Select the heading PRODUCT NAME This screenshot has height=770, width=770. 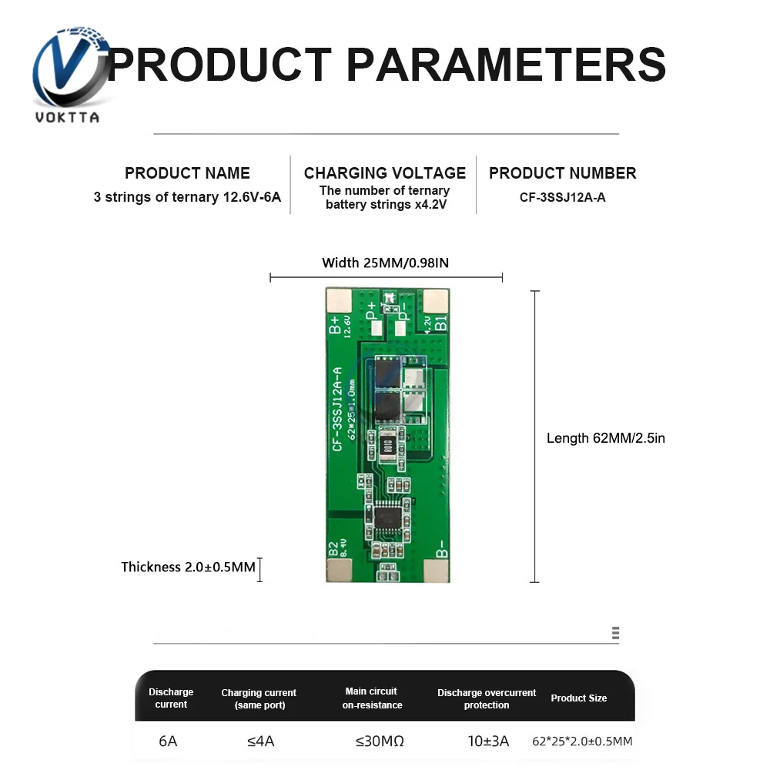pyautogui.click(x=187, y=173)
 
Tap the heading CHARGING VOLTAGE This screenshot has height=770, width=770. pyautogui.click(x=385, y=173)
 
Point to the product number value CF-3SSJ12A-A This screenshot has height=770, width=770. pyautogui.click(x=562, y=197)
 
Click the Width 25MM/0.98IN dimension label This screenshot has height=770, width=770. pyautogui.click(x=385, y=263)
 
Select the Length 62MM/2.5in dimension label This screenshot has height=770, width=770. pyautogui.click(x=605, y=438)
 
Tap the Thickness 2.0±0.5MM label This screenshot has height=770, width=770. pyautogui.click(x=188, y=567)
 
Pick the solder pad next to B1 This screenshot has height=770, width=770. pyautogui.click(x=436, y=301)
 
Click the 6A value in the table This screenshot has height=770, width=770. pyautogui.click(x=168, y=742)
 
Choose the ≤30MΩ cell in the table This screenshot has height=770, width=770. pyautogui.click(x=380, y=742)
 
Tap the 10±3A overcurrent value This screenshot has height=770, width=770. pyautogui.click(x=489, y=742)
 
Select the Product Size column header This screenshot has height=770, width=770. pyautogui.click(x=578, y=698)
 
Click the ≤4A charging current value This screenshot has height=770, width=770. pyautogui.click(x=260, y=742)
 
